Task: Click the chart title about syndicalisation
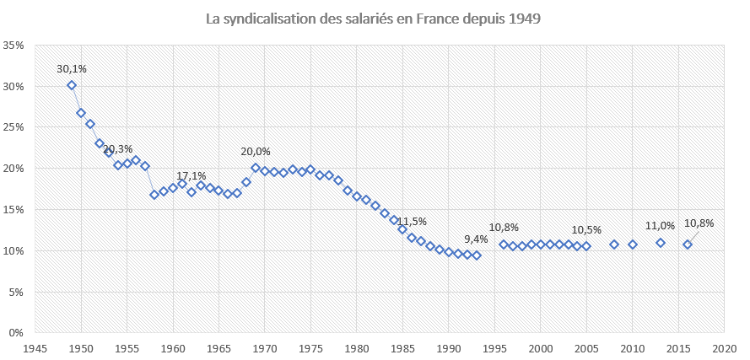375,18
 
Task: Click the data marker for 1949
72,85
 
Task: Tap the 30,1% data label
72,69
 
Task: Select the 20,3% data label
118,149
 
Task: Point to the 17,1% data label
192,175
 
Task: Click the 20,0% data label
256,152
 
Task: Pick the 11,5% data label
413,221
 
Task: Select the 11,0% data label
661,226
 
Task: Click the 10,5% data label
586,229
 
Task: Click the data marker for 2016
688,244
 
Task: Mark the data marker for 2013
661,243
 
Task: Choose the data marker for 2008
614,244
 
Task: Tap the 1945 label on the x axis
35,347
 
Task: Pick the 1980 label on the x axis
357,347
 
